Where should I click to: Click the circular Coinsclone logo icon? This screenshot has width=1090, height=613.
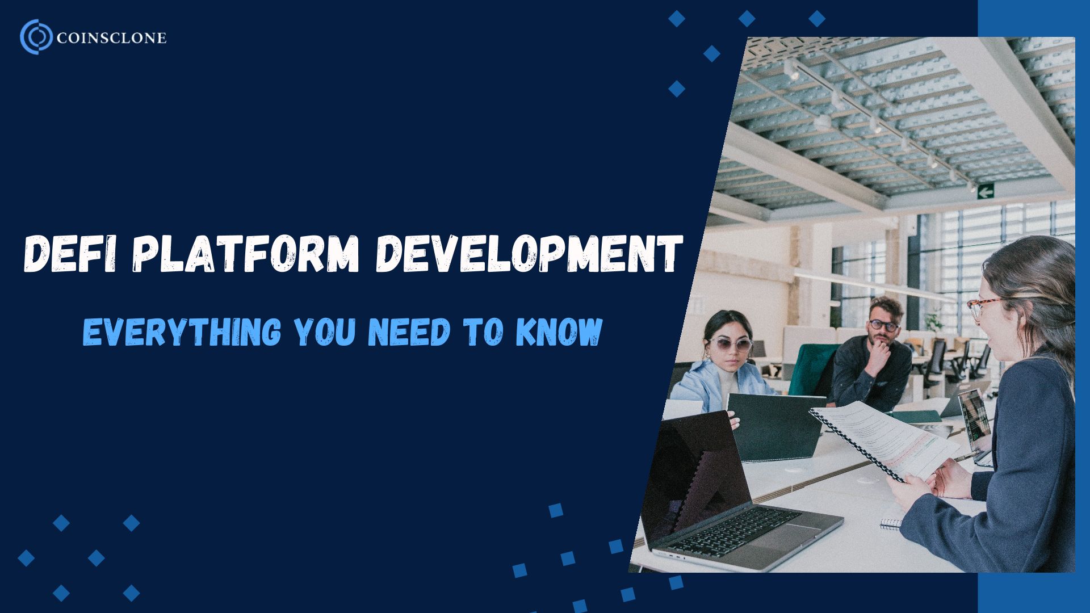click(x=36, y=37)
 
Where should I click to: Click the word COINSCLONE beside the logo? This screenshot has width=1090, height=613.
click(x=112, y=38)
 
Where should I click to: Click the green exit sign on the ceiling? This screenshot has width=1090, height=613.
click(x=985, y=192)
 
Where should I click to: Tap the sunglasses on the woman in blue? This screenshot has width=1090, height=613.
click(x=727, y=344)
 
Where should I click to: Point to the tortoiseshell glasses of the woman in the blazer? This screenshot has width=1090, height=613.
click(x=981, y=306)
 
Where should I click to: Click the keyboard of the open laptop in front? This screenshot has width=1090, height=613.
click(x=732, y=532)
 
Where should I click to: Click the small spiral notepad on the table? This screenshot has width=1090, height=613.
click(x=891, y=522)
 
